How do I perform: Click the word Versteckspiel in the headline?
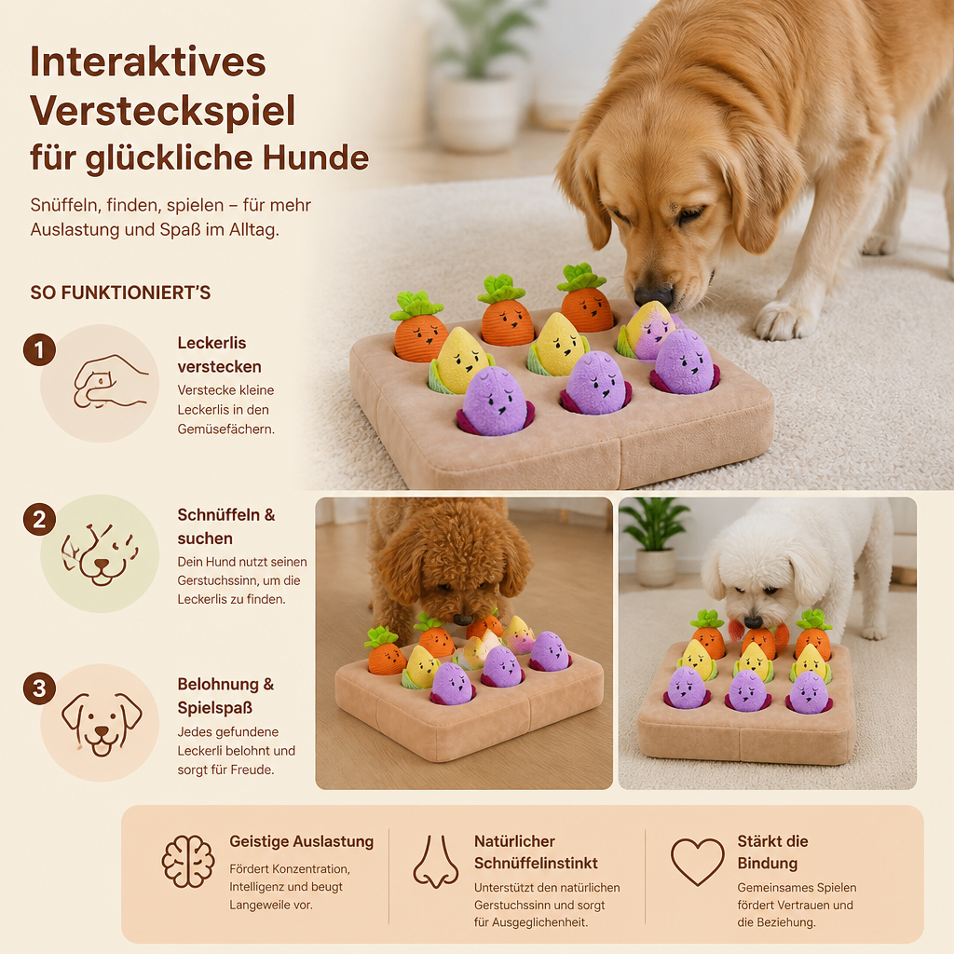point(162,111)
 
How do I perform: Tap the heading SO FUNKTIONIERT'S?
point(120,293)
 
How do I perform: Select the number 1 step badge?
point(39,350)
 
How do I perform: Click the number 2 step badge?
point(39,520)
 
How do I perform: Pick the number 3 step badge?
point(39,688)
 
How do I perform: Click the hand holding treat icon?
point(110,381)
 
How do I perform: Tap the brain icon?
point(188,861)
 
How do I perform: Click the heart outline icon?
point(697,862)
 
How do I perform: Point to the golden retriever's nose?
point(653,295)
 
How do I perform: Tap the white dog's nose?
point(753,621)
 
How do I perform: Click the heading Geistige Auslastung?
point(301,841)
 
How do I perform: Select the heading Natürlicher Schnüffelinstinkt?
point(536,852)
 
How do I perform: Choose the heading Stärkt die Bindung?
point(772,852)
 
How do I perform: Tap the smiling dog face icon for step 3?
point(102,723)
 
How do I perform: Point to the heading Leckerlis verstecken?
point(220,355)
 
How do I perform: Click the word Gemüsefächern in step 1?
point(225,429)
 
